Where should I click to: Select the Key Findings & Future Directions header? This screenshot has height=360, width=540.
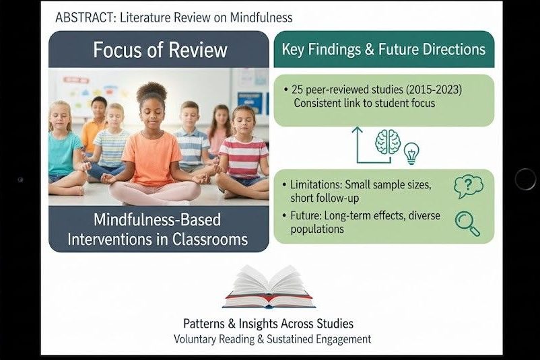coord(383,49)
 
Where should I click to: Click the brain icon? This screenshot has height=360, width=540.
coord(388,143)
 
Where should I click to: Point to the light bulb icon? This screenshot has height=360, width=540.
coord(411,153)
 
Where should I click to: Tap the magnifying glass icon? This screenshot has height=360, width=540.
coord(467,223)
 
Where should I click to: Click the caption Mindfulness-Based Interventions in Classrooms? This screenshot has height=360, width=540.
coord(159,229)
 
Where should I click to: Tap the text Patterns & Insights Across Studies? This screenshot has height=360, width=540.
coord(268,324)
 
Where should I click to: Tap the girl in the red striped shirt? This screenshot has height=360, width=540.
coord(244,151)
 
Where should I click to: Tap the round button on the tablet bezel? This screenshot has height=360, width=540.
coord(525,179)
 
